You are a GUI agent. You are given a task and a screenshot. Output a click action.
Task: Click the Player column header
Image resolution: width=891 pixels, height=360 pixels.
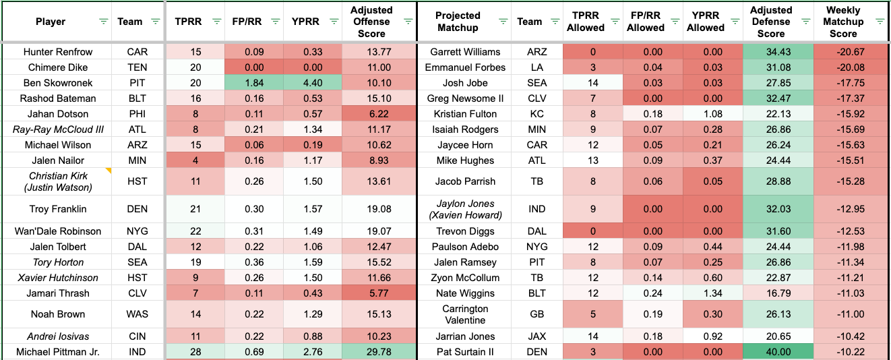(51, 22)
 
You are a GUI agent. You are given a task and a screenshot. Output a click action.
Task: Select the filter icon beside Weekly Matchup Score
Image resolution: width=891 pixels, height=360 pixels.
(880, 22)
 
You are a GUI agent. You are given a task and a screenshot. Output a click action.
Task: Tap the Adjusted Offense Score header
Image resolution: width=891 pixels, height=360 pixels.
(371, 22)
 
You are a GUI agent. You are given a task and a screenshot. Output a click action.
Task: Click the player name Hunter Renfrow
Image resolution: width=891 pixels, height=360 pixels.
(58, 52)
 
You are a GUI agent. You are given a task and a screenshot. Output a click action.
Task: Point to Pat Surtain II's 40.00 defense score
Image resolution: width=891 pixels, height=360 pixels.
(771, 352)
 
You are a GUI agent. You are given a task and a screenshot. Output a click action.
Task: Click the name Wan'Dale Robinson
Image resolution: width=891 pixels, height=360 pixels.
(58, 231)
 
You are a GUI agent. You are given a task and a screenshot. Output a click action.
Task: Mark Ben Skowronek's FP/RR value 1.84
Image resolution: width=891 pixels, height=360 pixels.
(253, 83)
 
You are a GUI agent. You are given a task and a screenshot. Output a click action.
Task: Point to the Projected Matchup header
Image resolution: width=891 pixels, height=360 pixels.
(458, 22)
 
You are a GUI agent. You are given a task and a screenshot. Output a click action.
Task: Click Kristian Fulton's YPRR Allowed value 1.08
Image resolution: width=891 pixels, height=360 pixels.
(705, 114)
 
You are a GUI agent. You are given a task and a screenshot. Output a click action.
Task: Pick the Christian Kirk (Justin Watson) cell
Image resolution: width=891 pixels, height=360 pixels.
(58, 181)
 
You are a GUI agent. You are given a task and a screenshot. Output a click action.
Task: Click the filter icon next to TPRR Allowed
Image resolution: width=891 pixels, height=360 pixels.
(610, 22)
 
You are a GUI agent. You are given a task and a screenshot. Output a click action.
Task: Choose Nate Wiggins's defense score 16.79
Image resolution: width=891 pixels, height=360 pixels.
(771, 293)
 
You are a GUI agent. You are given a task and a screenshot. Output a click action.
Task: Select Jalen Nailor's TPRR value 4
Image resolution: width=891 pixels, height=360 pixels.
(195, 160)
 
